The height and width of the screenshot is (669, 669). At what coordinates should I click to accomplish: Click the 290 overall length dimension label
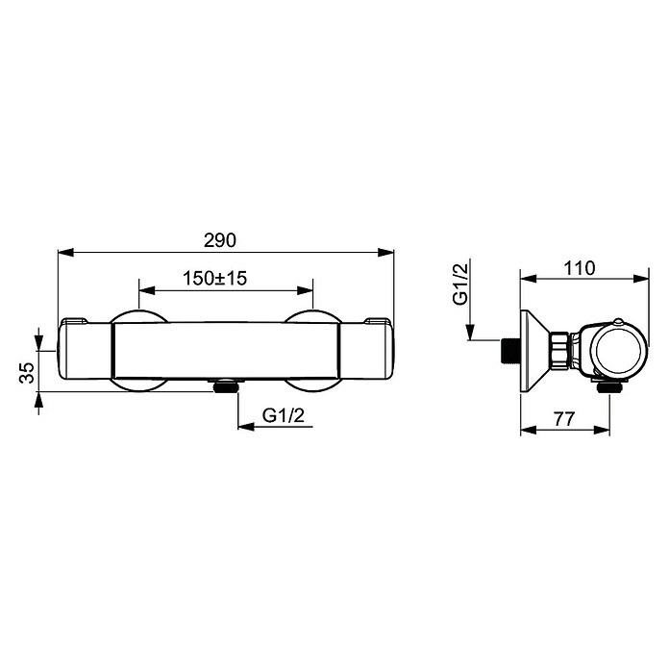pyautogui.click(x=220, y=240)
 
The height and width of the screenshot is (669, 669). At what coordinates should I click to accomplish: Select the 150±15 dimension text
pyautogui.click(x=215, y=278)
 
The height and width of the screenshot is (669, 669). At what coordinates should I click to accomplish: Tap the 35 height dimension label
pyautogui.click(x=27, y=373)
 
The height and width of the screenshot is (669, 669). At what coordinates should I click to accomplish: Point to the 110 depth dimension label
pyautogui.click(x=580, y=268)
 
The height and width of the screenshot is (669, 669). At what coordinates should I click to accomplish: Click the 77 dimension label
pyautogui.click(x=564, y=419)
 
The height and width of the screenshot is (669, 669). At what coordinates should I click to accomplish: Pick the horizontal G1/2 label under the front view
pyautogui.click(x=284, y=415)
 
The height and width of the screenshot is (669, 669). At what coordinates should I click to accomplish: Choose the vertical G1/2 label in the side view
pyautogui.click(x=460, y=284)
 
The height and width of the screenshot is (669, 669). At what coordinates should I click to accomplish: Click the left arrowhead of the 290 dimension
pyautogui.click(x=66, y=253)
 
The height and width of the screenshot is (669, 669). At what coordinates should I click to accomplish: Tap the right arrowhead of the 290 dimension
pyautogui.click(x=385, y=253)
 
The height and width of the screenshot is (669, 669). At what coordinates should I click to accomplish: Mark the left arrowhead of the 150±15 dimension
pyautogui.click(x=147, y=291)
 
